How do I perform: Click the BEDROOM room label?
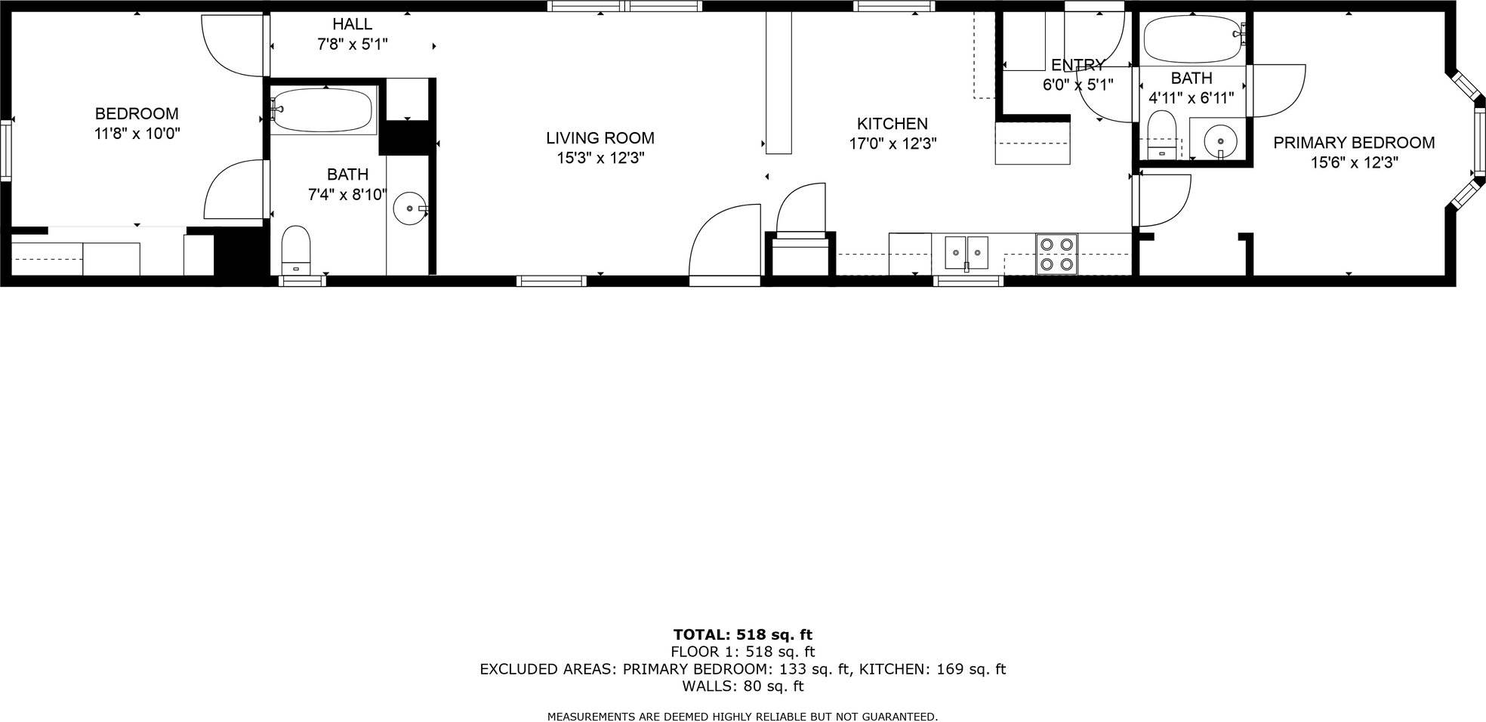137,114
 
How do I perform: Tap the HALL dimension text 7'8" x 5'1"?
352,45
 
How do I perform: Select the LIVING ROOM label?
600,138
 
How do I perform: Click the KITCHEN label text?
892,124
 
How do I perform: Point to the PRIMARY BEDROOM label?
1354,143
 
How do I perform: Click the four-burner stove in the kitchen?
1056,254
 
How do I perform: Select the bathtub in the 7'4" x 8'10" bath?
322,110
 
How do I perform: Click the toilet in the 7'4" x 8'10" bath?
296,248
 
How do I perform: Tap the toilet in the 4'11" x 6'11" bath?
1162,134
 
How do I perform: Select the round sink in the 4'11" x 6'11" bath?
1219,140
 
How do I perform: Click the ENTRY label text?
1078,66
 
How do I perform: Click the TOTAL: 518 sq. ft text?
742,634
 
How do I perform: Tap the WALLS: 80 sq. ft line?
742,687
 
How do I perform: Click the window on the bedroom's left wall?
6,151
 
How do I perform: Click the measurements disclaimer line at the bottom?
742,716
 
